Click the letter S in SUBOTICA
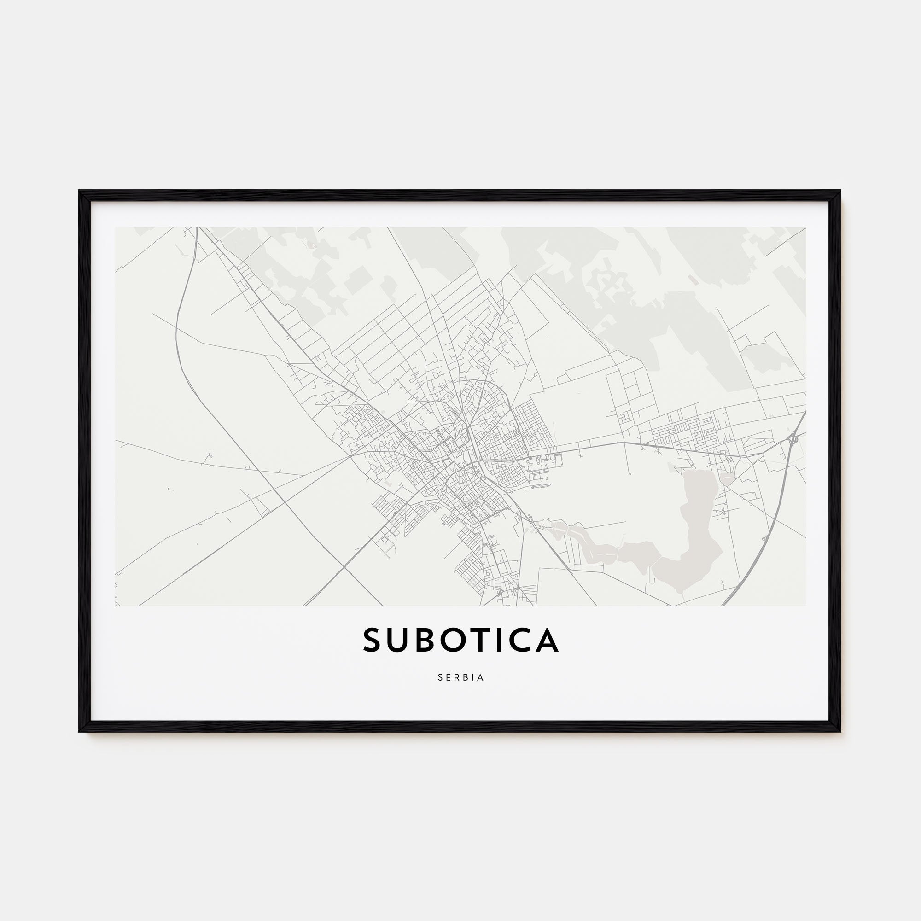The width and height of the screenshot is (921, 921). tap(374, 640)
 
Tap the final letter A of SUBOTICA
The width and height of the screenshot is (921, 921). tap(548, 640)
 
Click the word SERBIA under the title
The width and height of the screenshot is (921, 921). tap(460, 677)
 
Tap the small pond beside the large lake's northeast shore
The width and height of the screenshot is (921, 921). tap(728, 478)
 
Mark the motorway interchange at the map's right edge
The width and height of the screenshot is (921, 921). tap(793, 439)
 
